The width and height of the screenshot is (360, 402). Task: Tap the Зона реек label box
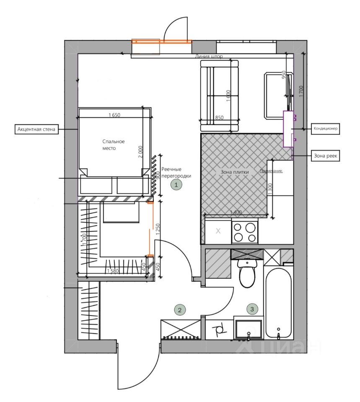(326, 156)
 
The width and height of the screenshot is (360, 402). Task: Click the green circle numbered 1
(176, 184)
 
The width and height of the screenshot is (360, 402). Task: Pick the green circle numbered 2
(179, 310)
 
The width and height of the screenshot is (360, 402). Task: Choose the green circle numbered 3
(252, 309)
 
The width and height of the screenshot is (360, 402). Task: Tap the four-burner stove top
(245, 232)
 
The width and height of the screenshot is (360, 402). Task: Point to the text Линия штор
(209, 56)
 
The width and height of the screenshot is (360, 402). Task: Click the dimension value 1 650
(114, 115)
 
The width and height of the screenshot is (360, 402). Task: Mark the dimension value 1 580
(112, 271)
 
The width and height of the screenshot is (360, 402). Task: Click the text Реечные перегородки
(176, 172)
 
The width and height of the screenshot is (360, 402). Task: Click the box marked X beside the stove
(218, 231)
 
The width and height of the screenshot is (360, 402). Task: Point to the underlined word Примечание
(271, 171)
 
